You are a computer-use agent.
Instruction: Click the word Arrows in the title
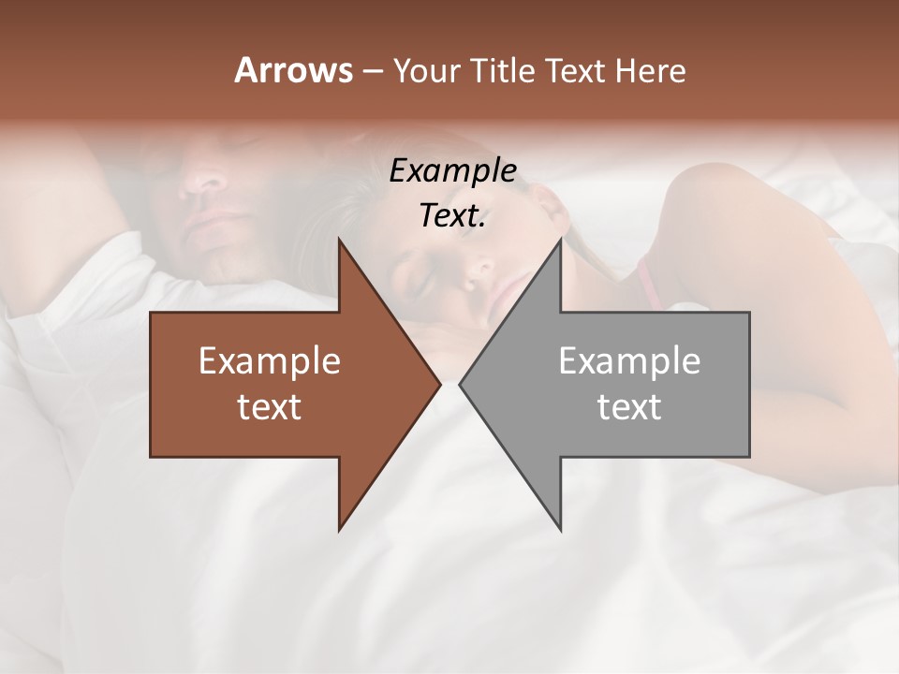tap(293, 70)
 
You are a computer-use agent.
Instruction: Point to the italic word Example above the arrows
tap(452, 171)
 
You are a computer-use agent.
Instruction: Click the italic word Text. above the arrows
tap(452, 216)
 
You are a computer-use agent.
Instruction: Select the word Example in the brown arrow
tap(270, 361)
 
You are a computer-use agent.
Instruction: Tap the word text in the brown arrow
tap(270, 407)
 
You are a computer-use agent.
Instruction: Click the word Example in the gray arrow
tap(629, 361)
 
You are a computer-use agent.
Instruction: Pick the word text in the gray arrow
tap(629, 407)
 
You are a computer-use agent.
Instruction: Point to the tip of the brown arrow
tap(439, 384)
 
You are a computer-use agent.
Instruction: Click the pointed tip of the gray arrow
tap(461, 384)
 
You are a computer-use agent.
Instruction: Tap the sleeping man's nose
tap(201, 178)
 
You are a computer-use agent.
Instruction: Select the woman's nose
tap(480, 271)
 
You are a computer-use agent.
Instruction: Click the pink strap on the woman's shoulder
tap(646, 281)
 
